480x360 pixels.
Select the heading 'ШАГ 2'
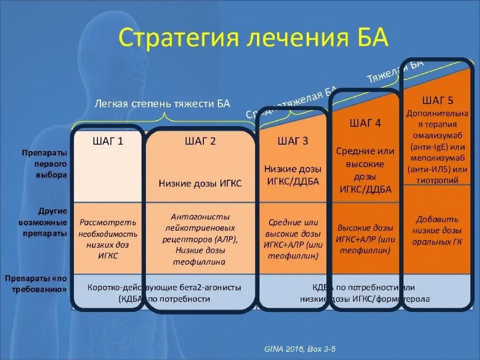coord(200,141)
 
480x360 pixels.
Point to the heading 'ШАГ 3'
coord(292,141)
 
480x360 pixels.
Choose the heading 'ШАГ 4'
coord(365,124)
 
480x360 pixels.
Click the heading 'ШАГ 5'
coord(437,100)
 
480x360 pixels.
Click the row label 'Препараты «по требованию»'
coord(37,284)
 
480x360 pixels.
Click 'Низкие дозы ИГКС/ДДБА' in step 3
coord(292,175)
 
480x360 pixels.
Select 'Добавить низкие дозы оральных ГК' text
coord(437,231)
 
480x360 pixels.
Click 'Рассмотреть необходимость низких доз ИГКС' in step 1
coord(108,239)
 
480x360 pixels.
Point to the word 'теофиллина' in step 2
coord(200,262)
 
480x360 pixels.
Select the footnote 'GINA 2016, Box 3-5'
coord(300,349)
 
